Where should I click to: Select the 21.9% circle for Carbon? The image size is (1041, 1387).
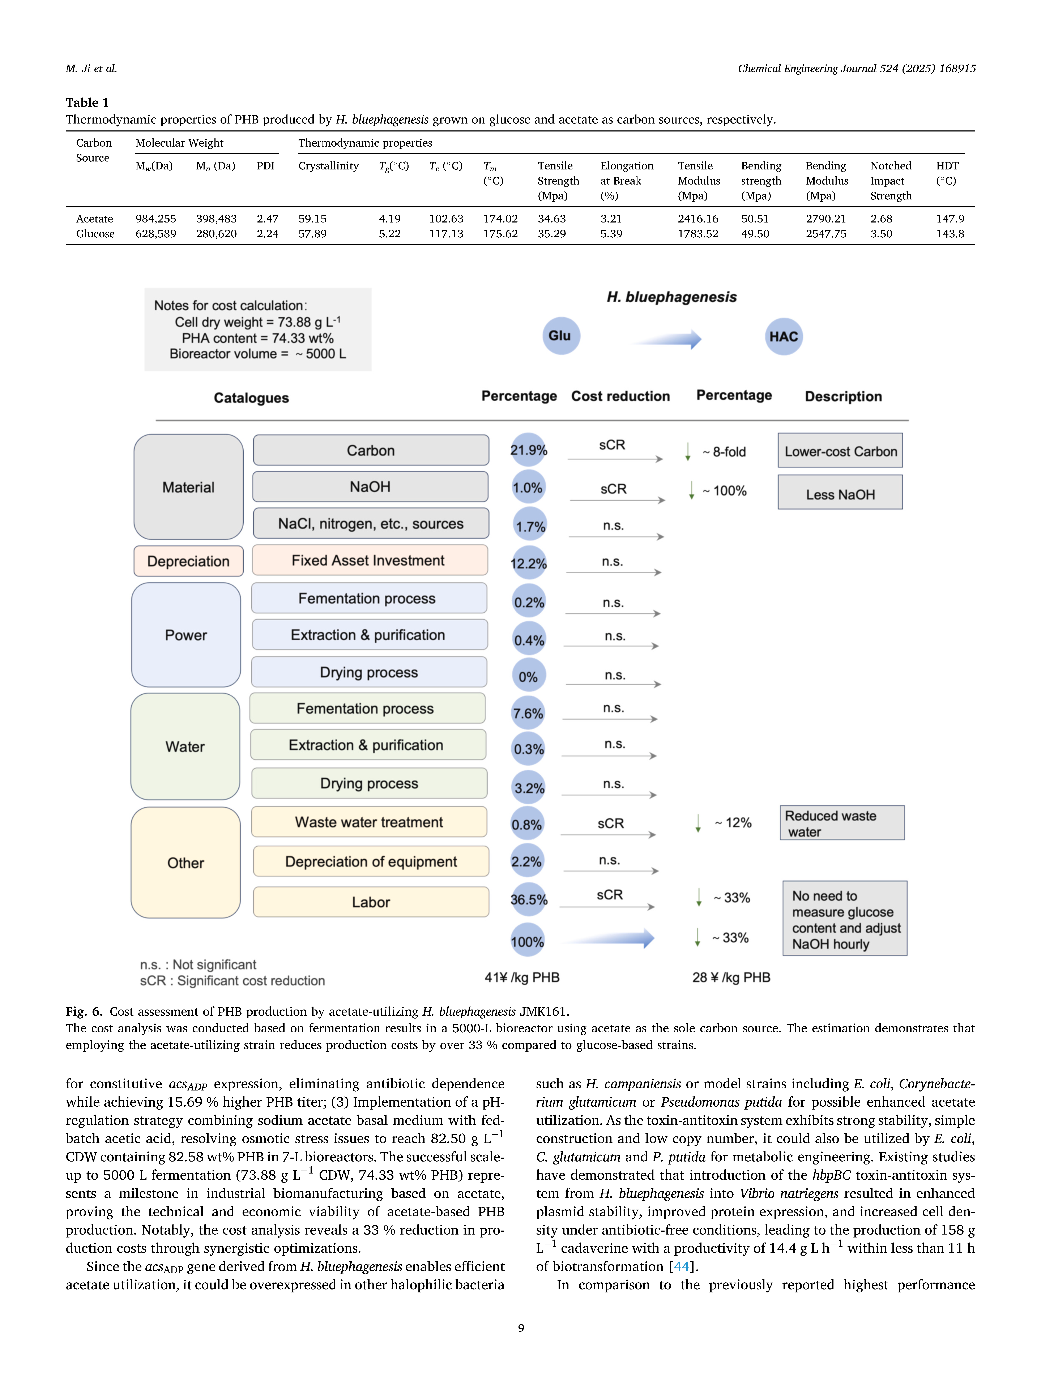(x=528, y=450)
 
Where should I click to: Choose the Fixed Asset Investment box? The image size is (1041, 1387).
(x=369, y=561)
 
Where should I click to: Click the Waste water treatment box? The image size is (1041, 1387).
(x=369, y=822)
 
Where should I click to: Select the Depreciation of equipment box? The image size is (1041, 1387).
(x=371, y=861)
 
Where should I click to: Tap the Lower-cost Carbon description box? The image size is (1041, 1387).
(x=840, y=451)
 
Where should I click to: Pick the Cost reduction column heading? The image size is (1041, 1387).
(x=620, y=396)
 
